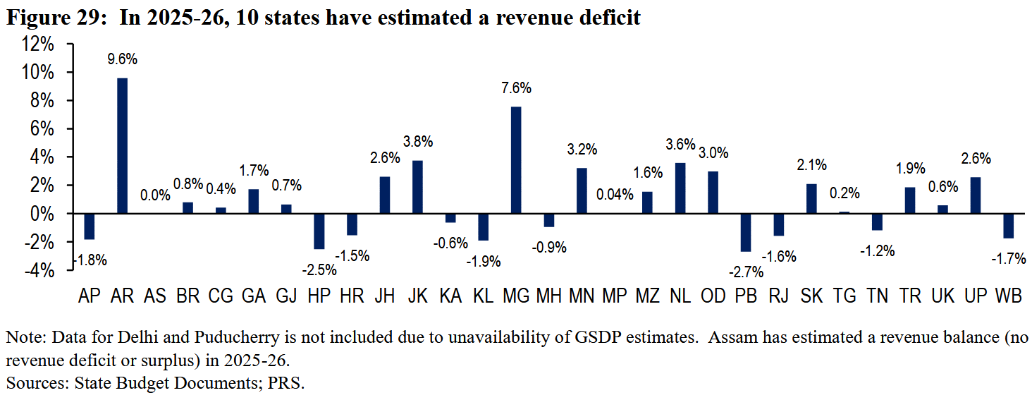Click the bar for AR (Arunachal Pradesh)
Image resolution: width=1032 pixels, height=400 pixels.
tap(122, 145)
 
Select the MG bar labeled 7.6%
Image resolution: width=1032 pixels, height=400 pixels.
tap(516, 160)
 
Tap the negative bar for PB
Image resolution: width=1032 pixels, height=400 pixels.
tap(745, 233)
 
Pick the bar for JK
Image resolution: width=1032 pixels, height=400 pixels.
tap(417, 187)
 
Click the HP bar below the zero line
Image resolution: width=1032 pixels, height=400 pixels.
tap(319, 231)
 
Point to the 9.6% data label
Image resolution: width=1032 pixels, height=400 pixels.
tap(122, 59)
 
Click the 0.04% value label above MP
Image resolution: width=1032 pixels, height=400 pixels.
tap(615, 195)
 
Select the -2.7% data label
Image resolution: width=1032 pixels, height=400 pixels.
tap(746, 272)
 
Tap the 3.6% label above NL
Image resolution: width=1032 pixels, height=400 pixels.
tap(680, 144)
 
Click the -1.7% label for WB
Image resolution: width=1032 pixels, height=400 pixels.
tap(1009, 258)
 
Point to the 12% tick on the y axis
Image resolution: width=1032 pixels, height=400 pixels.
tap(37, 44)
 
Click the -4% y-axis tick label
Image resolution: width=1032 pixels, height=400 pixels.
tap(39, 270)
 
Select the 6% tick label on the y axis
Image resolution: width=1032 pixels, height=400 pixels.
tap(42, 129)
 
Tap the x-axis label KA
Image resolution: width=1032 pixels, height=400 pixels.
tap(450, 296)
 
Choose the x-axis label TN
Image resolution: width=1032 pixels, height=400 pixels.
tap(877, 296)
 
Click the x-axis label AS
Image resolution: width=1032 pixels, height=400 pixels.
tap(155, 296)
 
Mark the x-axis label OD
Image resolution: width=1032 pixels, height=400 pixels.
tap(713, 296)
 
